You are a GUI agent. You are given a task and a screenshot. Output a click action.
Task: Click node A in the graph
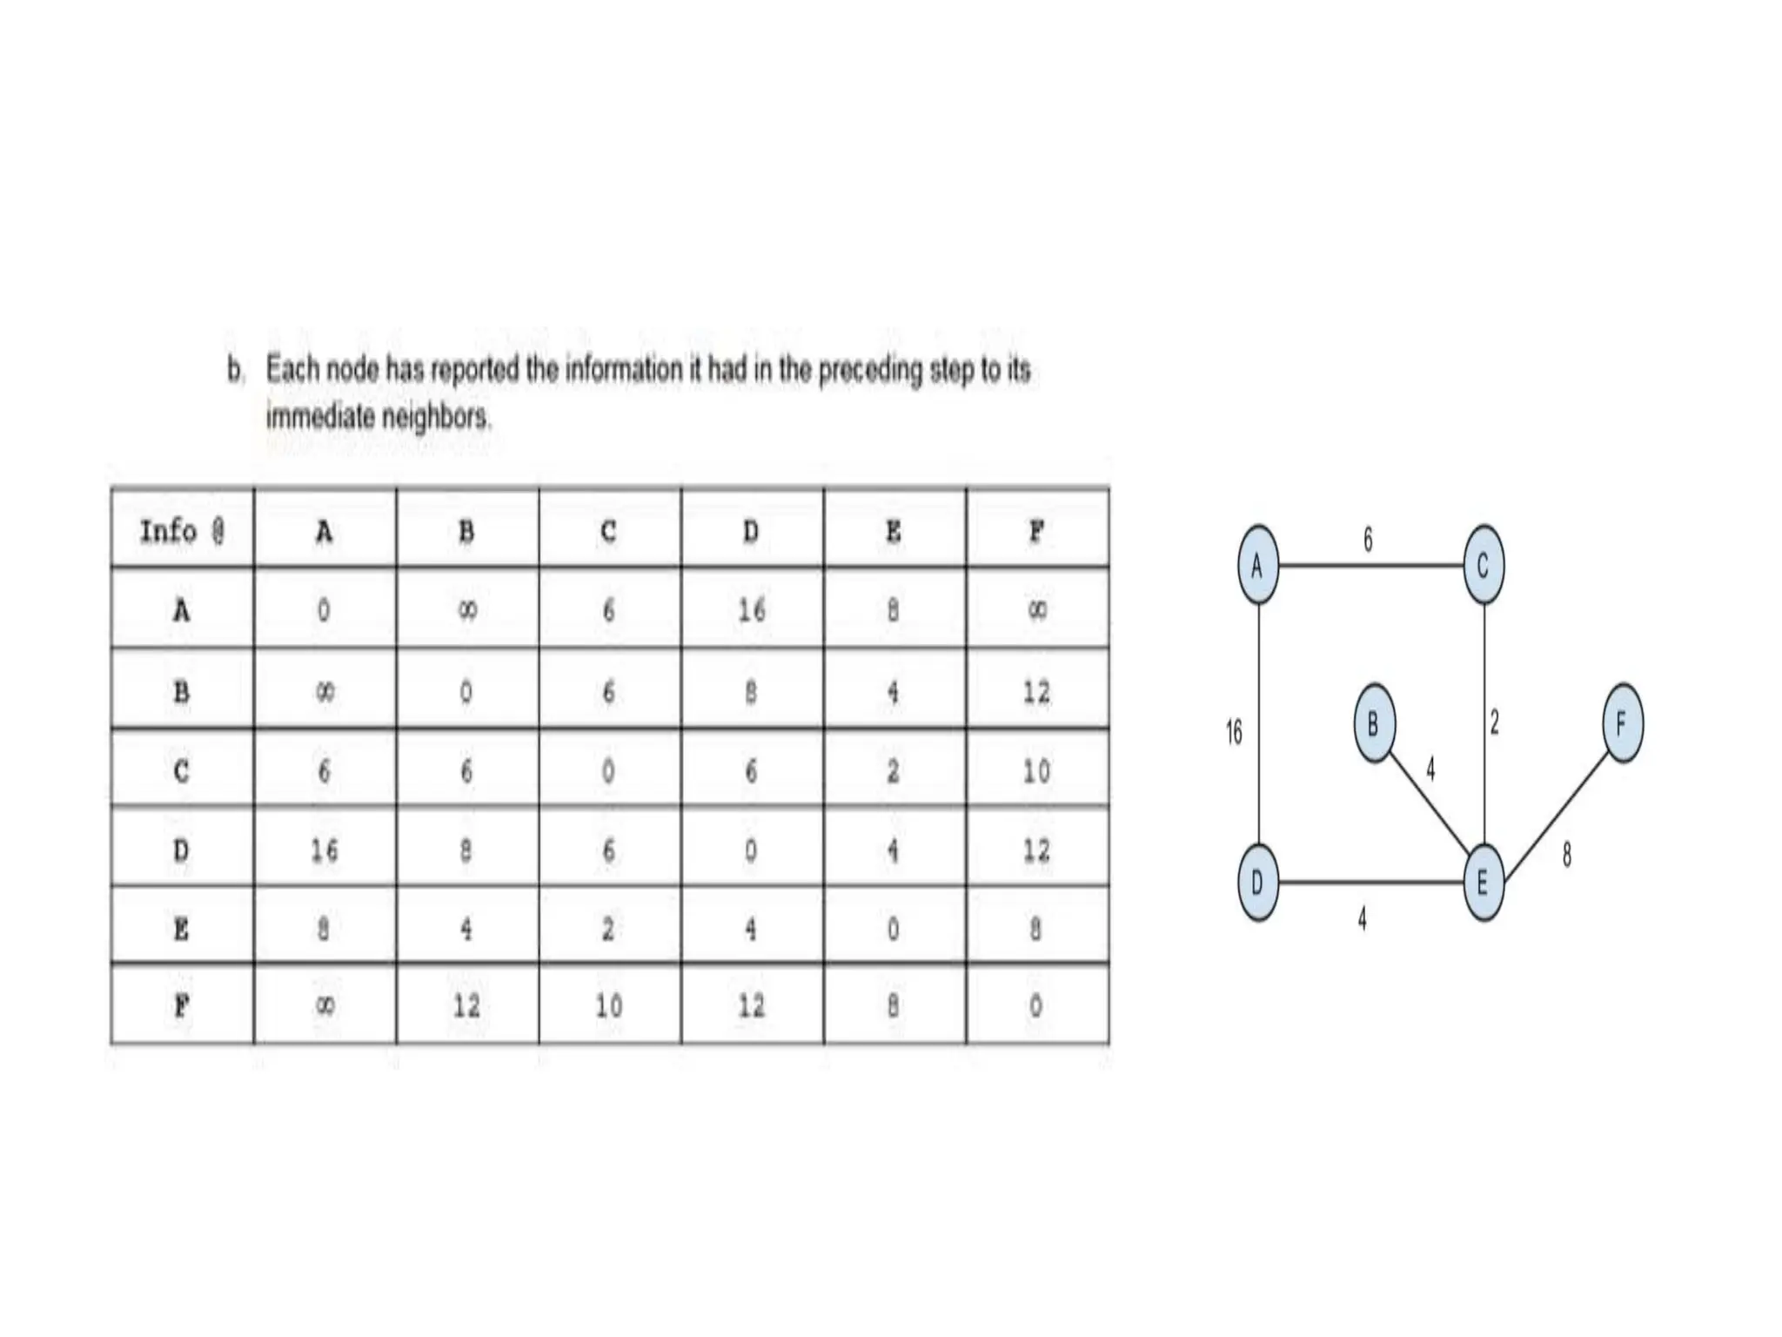pyautogui.click(x=1258, y=566)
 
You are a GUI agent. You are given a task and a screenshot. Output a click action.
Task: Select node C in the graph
pyautogui.click(x=1484, y=566)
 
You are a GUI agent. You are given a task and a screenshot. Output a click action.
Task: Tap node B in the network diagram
pyautogui.click(x=1374, y=723)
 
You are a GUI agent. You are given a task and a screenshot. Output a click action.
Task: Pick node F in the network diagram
pyautogui.click(x=1622, y=723)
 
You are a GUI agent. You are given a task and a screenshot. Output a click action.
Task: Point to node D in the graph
pyautogui.click(x=1258, y=883)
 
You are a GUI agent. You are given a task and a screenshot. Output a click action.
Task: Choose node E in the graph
pyautogui.click(x=1483, y=883)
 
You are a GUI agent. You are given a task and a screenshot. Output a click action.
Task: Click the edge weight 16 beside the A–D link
pyautogui.click(x=1234, y=733)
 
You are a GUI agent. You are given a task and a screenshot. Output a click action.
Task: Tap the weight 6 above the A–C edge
pyautogui.click(x=1368, y=541)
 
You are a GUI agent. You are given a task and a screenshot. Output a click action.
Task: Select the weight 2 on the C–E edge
pyautogui.click(x=1495, y=722)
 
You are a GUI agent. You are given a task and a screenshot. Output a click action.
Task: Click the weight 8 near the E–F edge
pyautogui.click(x=1567, y=856)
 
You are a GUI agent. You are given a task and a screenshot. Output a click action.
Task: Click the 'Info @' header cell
pyautogui.click(x=183, y=530)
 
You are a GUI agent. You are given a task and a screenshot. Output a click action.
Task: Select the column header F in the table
pyautogui.click(x=1036, y=530)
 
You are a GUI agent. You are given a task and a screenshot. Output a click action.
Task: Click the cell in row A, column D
pyautogui.click(x=752, y=610)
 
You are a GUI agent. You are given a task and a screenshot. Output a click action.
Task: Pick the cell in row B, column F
pyautogui.click(x=1036, y=692)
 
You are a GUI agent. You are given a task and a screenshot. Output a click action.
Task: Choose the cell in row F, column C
pyautogui.click(x=609, y=1006)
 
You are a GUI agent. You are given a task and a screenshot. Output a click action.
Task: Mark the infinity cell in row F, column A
pyautogui.click(x=324, y=1006)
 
